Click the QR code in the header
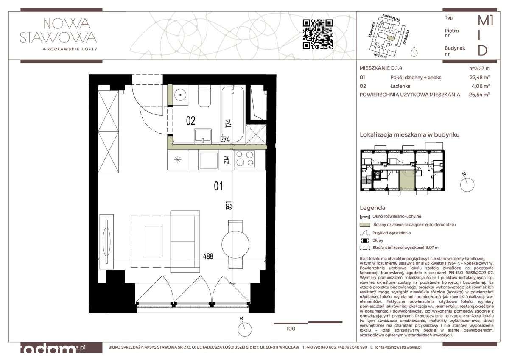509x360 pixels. pyautogui.click(x=317, y=34)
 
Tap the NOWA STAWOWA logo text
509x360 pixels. pyautogui.click(x=59, y=31)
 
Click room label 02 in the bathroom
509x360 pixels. pyautogui.click(x=190, y=121)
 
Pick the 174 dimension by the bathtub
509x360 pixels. pyautogui.click(x=228, y=124)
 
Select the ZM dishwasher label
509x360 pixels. pyautogui.click(x=227, y=160)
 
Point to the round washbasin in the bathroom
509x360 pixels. pyautogui.click(x=180, y=95)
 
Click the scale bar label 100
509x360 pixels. pyautogui.click(x=291, y=328)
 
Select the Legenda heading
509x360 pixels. pyautogui.click(x=372, y=208)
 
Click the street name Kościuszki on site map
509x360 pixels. pyautogui.click(x=392, y=16)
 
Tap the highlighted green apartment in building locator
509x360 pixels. pyautogui.click(x=407, y=181)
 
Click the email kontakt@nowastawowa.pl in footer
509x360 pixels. pyautogui.click(x=396, y=347)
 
